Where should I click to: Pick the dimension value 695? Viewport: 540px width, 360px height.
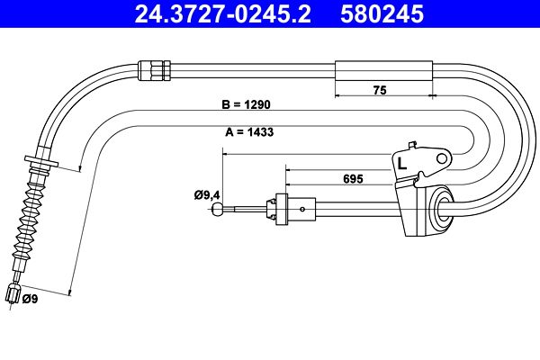pyautogui.click(x=352, y=179)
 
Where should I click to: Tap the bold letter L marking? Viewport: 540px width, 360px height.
pyautogui.click(x=402, y=163)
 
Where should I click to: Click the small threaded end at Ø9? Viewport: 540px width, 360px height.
pyautogui.click(x=13, y=294)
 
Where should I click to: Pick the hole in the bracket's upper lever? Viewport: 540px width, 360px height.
pyautogui.click(x=440, y=158)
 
